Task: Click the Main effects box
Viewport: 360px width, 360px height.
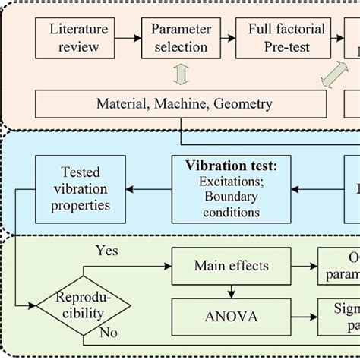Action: pyautogui.click(x=231, y=267)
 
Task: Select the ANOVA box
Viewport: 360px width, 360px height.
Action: pyautogui.click(x=231, y=317)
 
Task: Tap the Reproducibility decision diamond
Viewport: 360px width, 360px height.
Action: pyautogui.click(x=84, y=305)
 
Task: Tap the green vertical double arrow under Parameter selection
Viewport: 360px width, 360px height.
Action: pyautogui.click(x=179, y=74)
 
